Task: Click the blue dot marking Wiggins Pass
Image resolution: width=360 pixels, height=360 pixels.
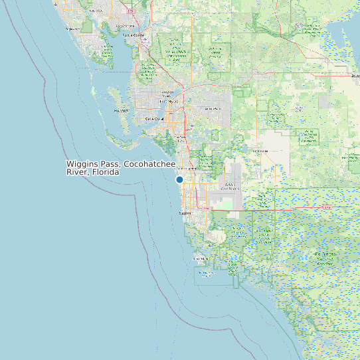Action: [179, 179]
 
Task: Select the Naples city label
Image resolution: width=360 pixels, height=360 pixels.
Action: [185, 213]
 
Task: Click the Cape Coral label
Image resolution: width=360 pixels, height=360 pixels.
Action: [155, 120]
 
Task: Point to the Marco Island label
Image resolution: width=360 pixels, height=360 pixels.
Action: [200, 258]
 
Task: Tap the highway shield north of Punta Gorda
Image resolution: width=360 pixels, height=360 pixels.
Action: [131, 11]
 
